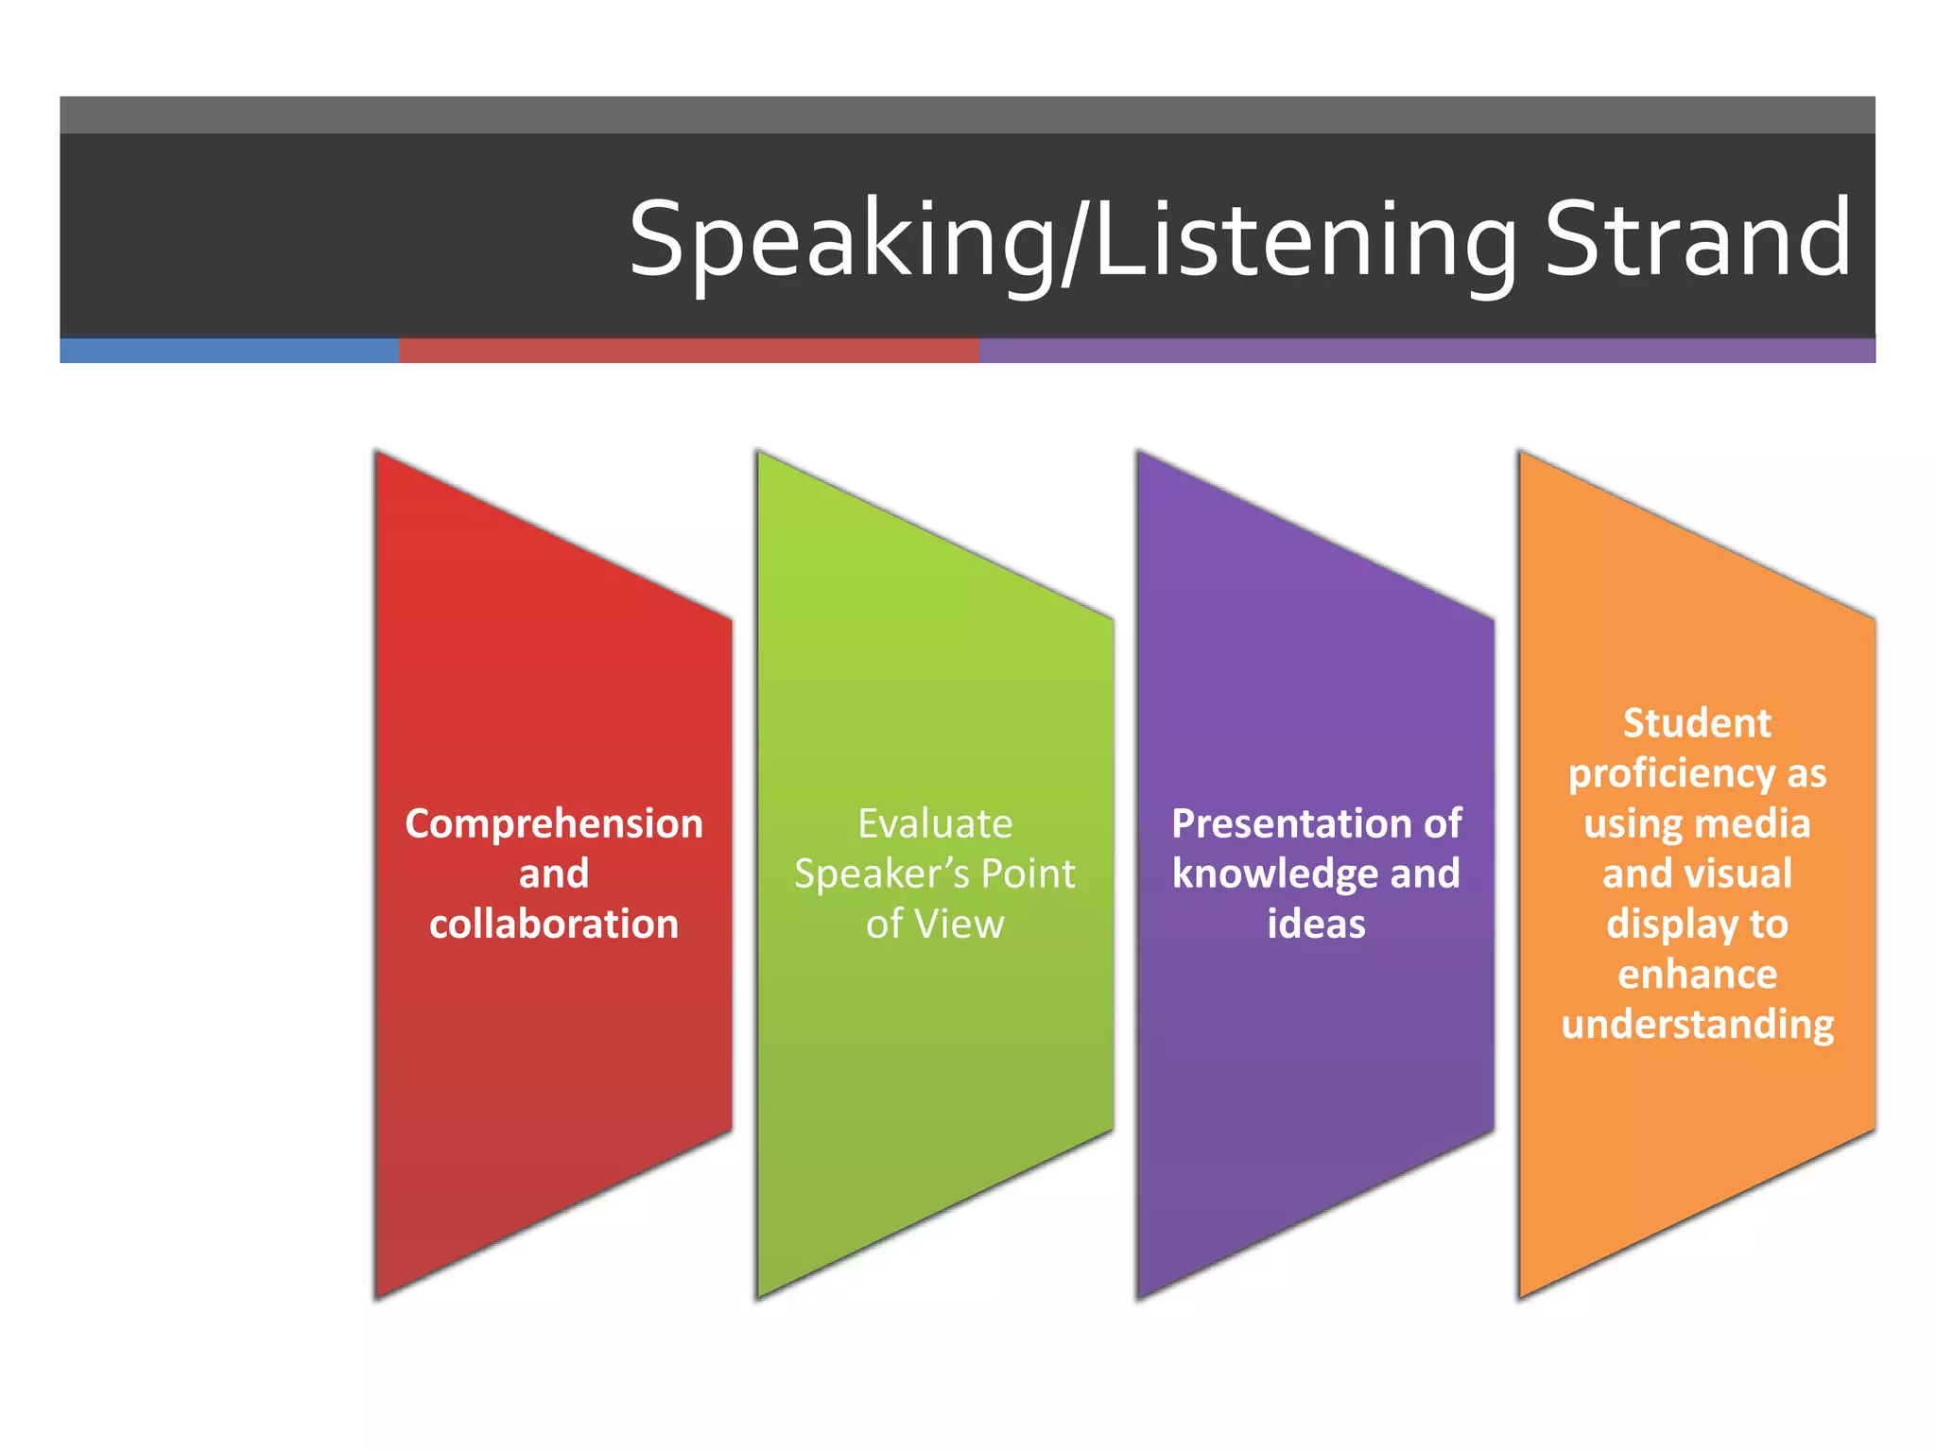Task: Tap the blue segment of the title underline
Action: click(x=229, y=351)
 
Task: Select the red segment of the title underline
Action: click(x=688, y=351)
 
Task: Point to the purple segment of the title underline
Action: click(x=1426, y=351)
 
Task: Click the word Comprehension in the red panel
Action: click(x=554, y=823)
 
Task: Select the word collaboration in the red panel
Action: click(x=554, y=924)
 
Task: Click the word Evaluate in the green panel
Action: click(x=935, y=823)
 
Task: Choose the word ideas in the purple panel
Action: click(x=1316, y=924)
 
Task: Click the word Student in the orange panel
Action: click(x=1697, y=723)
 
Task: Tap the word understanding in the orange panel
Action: click(x=1697, y=1025)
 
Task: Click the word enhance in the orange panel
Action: click(x=1697, y=974)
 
